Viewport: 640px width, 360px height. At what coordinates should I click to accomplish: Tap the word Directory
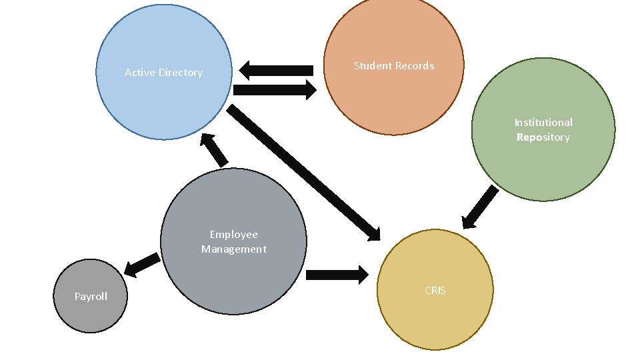click(179, 73)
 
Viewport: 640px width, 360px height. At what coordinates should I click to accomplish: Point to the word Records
click(415, 65)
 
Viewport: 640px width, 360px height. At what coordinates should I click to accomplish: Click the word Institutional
click(543, 122)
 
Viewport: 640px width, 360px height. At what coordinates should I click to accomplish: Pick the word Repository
click(543, 137)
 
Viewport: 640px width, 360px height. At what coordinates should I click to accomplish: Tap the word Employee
click(233, 234)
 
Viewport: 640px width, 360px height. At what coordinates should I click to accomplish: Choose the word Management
click(233, 249)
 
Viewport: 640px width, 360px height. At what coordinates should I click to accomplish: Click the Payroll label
click(91, 297)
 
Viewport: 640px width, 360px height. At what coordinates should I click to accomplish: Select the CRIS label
click(435, 290)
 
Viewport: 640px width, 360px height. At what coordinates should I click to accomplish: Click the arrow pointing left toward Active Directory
click(276, 69)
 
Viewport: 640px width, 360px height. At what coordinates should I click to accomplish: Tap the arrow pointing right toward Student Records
click(275, 90)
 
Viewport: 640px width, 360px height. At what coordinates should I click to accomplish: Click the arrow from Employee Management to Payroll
click(142, 265)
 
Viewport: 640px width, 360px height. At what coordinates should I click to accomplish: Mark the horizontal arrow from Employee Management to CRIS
click(337, 274)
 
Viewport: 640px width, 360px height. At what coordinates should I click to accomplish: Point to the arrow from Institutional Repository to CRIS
click(481, 207)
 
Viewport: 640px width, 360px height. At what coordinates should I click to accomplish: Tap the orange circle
click(393, 100)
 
